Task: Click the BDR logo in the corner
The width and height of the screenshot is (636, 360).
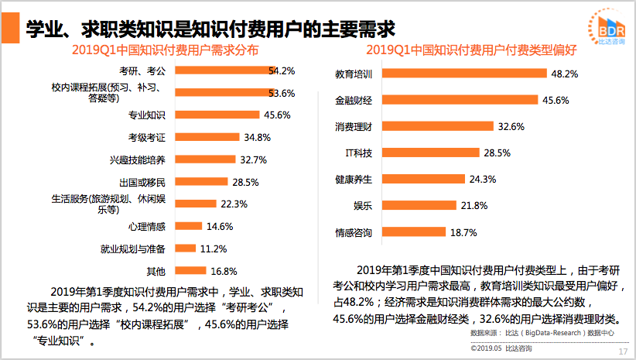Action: (607, 29)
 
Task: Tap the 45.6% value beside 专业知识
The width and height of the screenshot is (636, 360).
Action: (277, 115)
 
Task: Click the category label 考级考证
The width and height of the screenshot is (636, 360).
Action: (147, 138)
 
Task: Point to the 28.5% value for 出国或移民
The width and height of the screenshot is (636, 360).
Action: (244, 183)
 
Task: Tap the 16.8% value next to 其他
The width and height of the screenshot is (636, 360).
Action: (224, 272)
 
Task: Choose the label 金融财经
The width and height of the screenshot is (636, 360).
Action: (354, 101)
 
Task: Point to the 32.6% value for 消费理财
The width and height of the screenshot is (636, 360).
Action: (511, 126)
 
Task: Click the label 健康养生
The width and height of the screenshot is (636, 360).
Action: (354, 179)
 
